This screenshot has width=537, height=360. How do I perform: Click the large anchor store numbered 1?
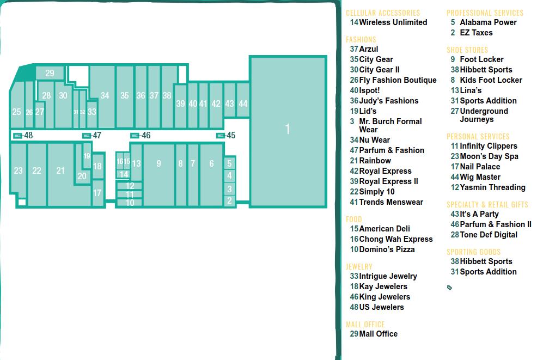click(288, 131)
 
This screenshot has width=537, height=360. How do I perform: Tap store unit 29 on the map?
click(50, 72)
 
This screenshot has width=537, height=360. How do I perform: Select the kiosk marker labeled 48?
click(17, 136)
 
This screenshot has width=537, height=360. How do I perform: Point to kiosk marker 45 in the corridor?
click(221, 136)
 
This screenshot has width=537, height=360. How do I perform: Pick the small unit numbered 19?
click(87, 156)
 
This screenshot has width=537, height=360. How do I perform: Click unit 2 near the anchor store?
click(229, 200)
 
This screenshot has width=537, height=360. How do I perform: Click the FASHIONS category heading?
click(361, 39)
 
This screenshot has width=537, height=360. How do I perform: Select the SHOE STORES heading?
click(467, 50)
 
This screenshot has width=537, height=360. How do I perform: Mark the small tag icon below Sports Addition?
click(450, 288)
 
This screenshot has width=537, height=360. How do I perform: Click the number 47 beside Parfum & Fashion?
click(354, 150)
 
